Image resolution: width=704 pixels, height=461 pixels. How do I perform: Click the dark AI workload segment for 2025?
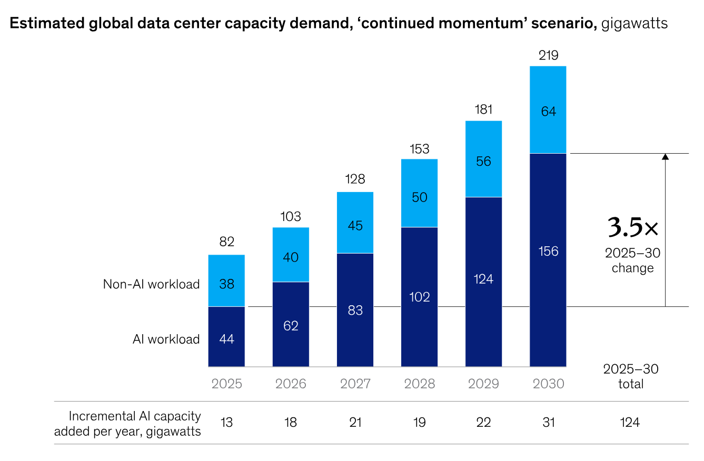(x=226, y=336)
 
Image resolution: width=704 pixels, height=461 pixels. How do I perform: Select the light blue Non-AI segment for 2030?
(x=548, y=109)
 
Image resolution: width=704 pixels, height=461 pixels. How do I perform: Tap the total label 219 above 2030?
(x=549, y=55)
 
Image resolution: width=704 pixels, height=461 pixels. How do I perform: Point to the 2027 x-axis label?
(x=355, y=384)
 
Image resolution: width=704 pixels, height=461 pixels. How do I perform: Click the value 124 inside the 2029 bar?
(x=483, y=279)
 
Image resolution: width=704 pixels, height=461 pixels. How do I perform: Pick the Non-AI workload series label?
(x=151, y=284)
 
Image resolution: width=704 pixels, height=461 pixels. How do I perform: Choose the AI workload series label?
(x=166, y=339)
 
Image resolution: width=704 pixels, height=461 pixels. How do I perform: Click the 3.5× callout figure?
(x=632, y=227)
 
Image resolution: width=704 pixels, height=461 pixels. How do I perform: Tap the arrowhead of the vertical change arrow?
(x=665, y=156)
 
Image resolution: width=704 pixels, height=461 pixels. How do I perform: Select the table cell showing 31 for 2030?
(x=549, y=423)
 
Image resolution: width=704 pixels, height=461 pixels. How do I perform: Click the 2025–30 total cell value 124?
(x=630, y=423)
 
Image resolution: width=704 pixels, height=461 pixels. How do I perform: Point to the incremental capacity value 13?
(x=226, y=423)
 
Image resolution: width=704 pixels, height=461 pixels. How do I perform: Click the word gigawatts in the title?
(x=634, y=23)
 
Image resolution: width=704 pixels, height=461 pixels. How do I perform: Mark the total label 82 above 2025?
(x=226, y=242)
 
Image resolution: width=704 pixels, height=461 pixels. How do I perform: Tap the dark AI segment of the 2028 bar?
(x=419, y=297)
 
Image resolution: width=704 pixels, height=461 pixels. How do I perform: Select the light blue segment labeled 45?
(x=355, y=222)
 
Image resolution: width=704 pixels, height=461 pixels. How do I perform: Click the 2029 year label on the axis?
(x=483, y=384)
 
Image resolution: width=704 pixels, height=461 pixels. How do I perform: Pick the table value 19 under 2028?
(x=419, y=423)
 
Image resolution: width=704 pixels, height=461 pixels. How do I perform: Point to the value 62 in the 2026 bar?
(x=291, y=326)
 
